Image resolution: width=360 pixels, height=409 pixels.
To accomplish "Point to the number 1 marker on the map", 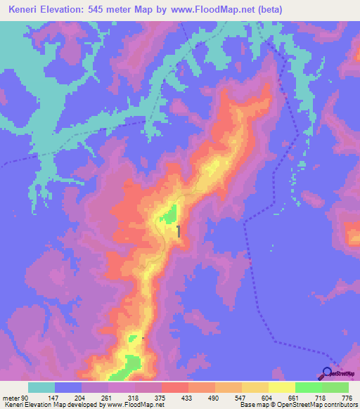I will pos(179,231).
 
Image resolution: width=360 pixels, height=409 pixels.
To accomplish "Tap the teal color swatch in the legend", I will pos(41,387).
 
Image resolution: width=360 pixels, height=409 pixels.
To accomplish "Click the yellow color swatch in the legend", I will pos(281,387).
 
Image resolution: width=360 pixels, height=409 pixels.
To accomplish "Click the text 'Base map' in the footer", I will pos(251,405).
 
